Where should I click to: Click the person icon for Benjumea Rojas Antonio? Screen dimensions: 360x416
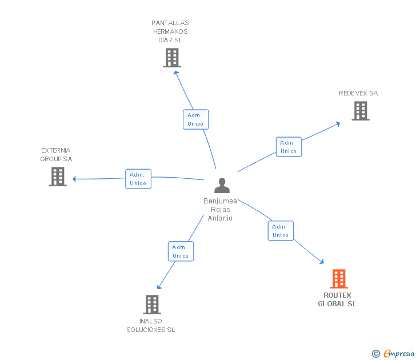pos(222,186)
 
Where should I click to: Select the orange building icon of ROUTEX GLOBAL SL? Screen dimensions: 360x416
pos(339,279)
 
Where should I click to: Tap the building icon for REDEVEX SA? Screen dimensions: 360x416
pos(361,111)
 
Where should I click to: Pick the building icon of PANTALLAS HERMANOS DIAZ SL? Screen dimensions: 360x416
pos(171,58)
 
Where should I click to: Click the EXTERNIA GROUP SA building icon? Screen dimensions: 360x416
pos(58,177)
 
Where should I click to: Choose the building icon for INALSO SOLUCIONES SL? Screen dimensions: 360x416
pos(151,304)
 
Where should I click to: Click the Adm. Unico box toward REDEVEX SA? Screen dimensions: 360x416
pos(289,147)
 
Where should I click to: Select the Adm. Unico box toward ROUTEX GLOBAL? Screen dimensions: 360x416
pos(281,231)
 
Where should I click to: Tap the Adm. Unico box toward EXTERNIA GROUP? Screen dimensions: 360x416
pos(138,179)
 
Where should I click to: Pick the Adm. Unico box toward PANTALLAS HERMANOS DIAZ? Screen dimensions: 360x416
pos(195,119)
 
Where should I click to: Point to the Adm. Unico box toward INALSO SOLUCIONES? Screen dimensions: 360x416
pos(181,251)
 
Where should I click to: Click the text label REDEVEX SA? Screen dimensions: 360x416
pos(358,93)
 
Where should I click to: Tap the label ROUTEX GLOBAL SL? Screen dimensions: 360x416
pos(337,299)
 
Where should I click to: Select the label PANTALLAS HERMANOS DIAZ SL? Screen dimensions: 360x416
pos(170,31)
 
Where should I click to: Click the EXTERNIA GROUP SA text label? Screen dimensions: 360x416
pos(56,154)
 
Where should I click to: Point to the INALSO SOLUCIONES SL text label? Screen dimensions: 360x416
pos(151,325)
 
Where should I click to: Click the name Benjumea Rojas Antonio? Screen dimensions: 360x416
pos(221,210)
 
